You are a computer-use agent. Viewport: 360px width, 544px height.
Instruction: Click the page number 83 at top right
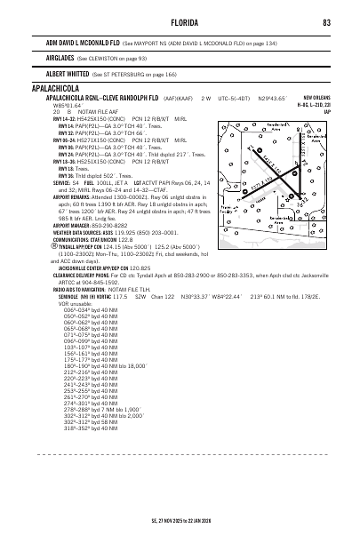coord(327,22)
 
